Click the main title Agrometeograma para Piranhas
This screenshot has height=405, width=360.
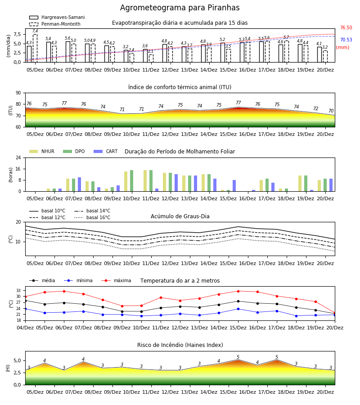pos(180,8)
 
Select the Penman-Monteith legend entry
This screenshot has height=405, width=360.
pos(55,24)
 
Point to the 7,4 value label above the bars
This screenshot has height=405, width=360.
pos(35,31)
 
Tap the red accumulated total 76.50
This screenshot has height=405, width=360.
pos(346,27)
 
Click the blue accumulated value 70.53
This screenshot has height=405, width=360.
pos(346,40)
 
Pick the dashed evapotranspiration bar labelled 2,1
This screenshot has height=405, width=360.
pos(151,58)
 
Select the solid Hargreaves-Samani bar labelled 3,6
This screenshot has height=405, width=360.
pos(145,56)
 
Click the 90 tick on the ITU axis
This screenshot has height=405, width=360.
pos(18,93)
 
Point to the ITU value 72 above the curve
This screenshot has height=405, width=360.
pos(315,108)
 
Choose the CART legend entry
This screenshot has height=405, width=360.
pos(106,151)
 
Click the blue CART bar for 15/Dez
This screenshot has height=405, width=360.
pos(234,186)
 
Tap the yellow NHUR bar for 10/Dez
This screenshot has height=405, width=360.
pos(126,181)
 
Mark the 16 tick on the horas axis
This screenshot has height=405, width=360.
pos(18,169)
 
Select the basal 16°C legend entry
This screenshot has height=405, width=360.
pos(92,217)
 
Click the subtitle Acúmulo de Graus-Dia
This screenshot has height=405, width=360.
pos(180,216)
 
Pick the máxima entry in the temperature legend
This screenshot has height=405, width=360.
pos(116,280)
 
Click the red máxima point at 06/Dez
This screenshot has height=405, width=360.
pos(64,291)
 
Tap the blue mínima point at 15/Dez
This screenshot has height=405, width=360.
pos(238,309)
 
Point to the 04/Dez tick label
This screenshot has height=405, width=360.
pos(25,328)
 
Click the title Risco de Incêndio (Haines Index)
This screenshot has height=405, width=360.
pos(180,345)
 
